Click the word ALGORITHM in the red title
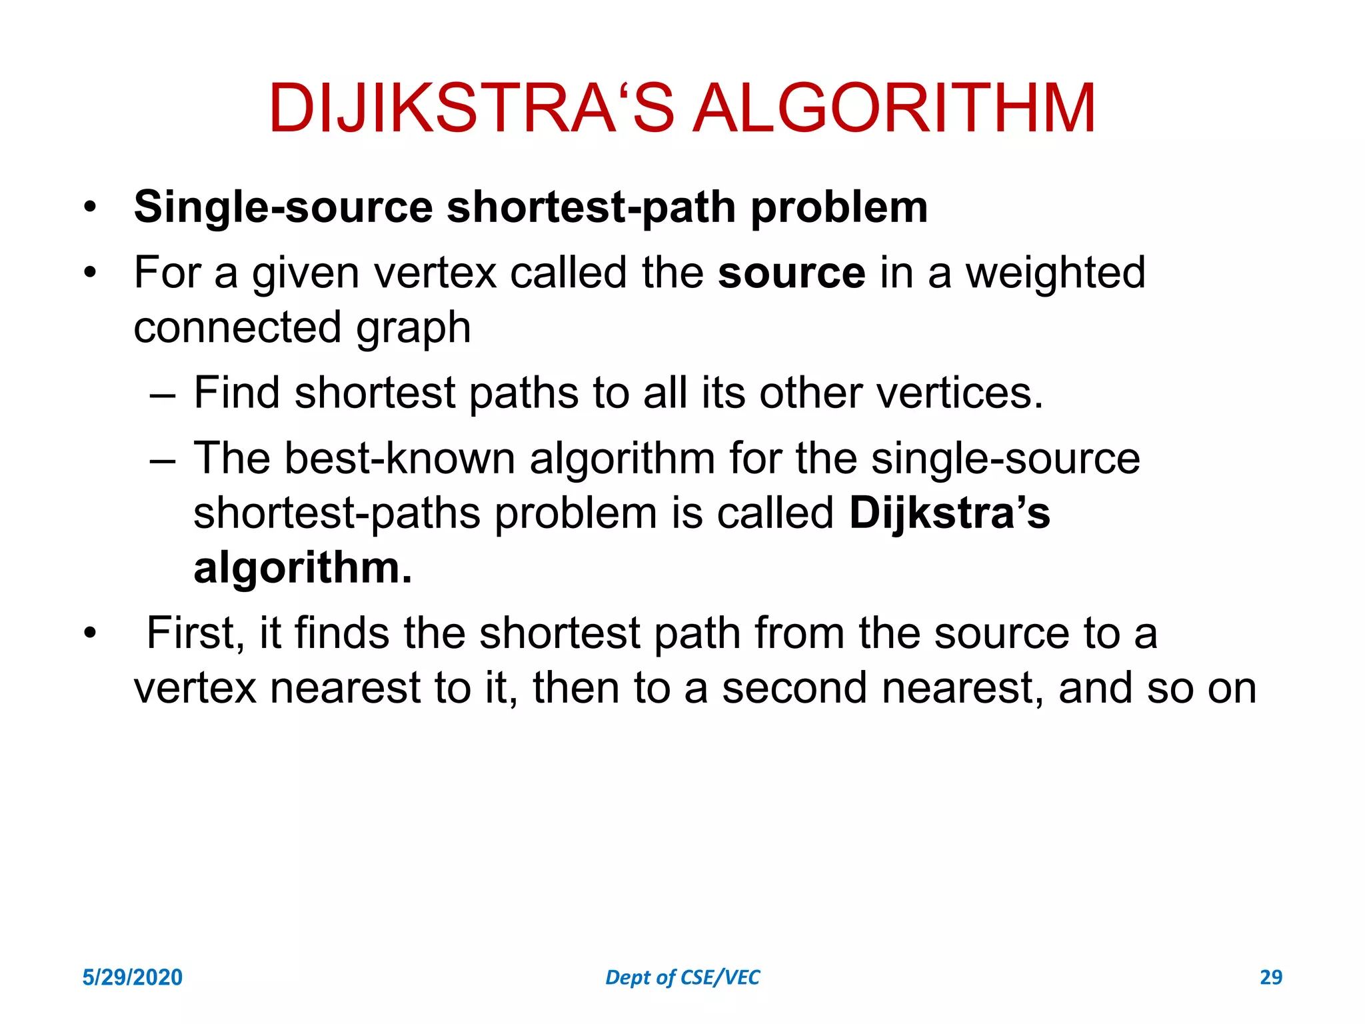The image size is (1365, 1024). [894, 108]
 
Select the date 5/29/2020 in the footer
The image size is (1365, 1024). [132, 977]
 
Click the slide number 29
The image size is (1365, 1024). [1270, 977]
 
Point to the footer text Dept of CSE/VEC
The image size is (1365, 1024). [682, 977]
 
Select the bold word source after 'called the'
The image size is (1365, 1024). [791, 273]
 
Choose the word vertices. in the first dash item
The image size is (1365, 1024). [960, 393]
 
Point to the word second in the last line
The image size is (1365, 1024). [794, 688]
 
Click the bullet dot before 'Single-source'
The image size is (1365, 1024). [90, 207]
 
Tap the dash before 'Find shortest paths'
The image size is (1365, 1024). [163, 394]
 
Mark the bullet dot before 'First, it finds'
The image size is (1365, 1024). [90, 633]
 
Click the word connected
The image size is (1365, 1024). [237, 328]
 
